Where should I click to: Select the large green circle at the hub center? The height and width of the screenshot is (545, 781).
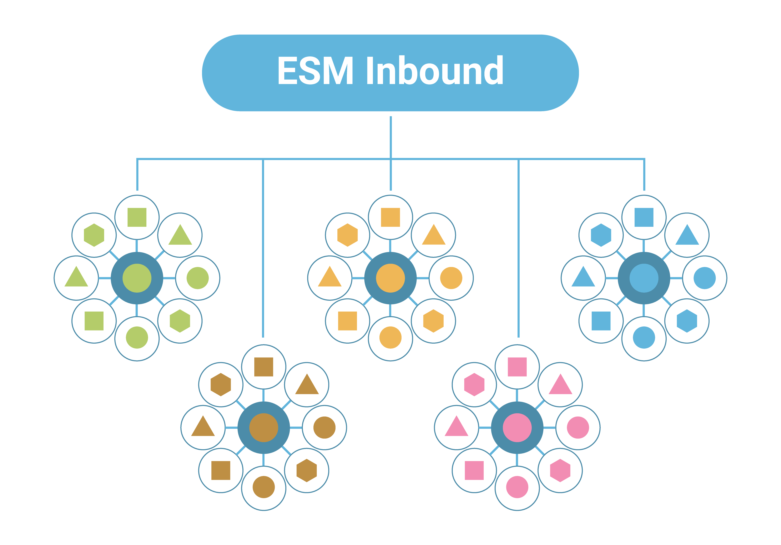[137, 278]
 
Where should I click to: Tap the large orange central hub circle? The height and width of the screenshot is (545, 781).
[390, 278]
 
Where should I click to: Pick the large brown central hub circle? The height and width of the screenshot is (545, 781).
[264, 428]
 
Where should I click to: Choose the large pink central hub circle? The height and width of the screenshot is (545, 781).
[517, 428]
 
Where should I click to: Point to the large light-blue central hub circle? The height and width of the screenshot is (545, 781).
[644, 278]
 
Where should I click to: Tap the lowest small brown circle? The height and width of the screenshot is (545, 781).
[264, 487]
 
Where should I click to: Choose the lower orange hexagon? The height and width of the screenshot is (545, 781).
[433, 321]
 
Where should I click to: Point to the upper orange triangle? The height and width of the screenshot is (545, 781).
[433, 235]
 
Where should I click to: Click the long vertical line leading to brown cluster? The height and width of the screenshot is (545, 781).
[263, 248]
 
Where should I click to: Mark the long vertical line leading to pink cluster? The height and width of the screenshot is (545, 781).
[518, 248]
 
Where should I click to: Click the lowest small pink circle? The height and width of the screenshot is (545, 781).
[517, 487]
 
